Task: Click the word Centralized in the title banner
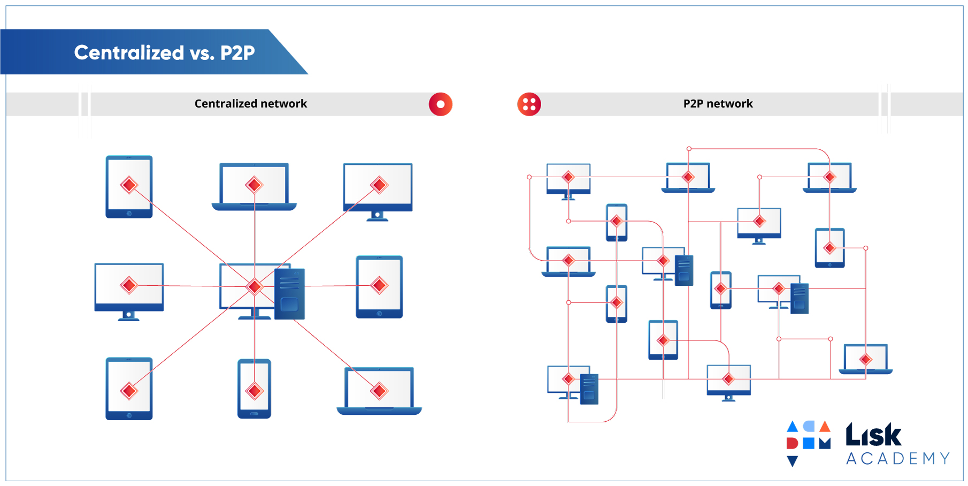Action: pyautogui.click(x=129, y=52)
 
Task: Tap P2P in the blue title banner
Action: pyautogui.click(x=237, y=53)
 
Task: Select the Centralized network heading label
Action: pyautogui.click(x=251, y=104)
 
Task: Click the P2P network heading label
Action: pyautogui.click(x=718, y=104)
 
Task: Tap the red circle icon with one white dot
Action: pyautogui.click(x=441, y=104)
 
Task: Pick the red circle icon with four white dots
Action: pyautogui.click(x=529, y=104)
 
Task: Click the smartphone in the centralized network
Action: pyautogui.click(x=254, y=389)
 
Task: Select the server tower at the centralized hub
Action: pyautogui.click(x=289, y=294)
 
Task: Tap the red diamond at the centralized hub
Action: pyautogui.click(x=255, y=286)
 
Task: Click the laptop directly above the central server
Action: pyautogui.click(x=254, y=187)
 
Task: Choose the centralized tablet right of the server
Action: pyautogui.click(x=379, y=287)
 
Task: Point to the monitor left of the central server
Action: pyautogui.click(x=129, y=292)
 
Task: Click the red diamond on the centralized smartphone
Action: pyautogui.click(x=255, y=391)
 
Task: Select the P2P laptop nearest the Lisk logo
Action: pyautogui.click(x=866, y=359)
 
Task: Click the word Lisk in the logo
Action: pyautogui.click(x=873, y=435)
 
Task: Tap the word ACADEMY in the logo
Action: pyautogui.click(x=898, y=459)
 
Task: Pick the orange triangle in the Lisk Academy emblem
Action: pyautogui.click(x=825, y=426)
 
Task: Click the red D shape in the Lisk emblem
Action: pyautogui.click(x=792, y=443)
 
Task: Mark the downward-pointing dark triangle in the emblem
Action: pyautogui.click(x=793, y=460)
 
